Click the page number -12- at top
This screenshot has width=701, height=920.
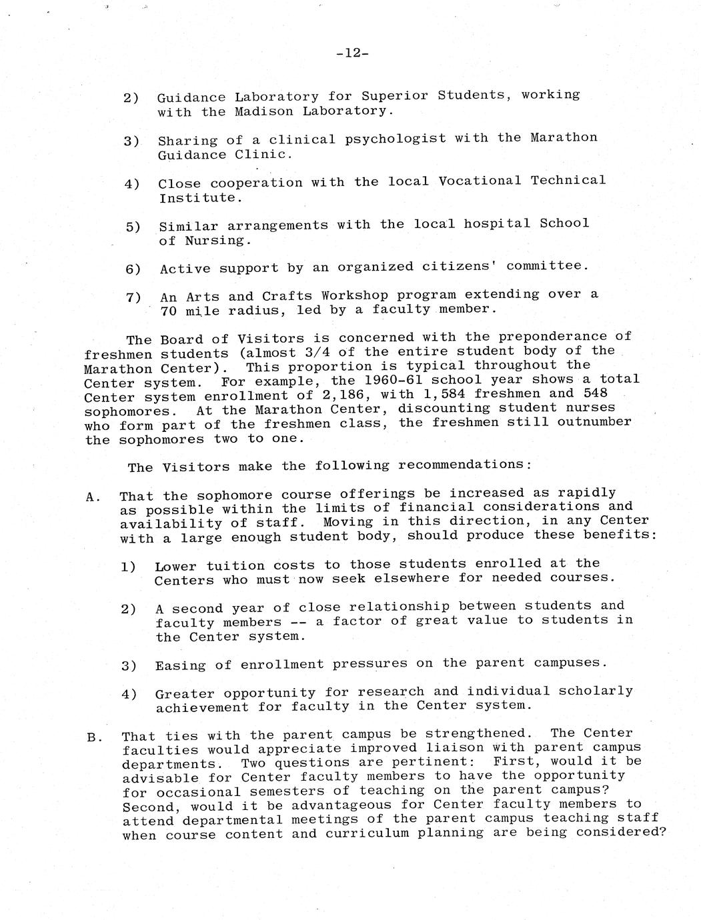coord(351,53)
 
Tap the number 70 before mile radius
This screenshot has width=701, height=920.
coord(168,311)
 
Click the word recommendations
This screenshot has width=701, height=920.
coord(464,465)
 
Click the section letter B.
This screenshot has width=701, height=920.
coord(93,737)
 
